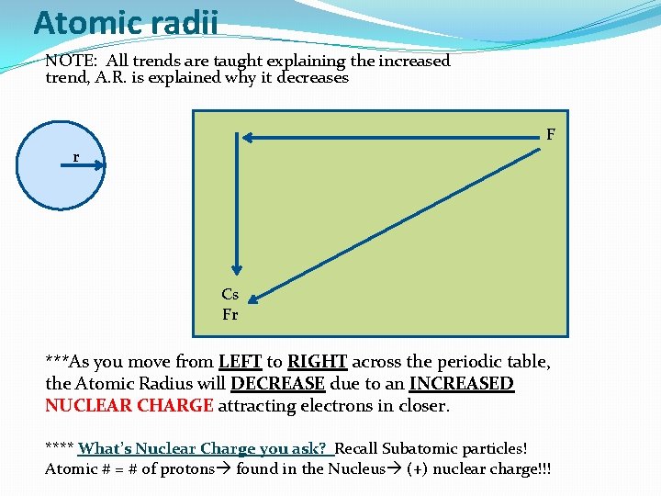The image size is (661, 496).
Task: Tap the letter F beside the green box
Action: (x=551, y=135)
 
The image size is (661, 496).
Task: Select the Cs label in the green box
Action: (x=230, y=295)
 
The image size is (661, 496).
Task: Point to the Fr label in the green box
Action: (x=230, y=315)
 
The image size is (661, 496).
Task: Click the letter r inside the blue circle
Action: (x=76, y=157)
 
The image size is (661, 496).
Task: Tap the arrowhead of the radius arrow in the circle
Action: (x=101, y=166)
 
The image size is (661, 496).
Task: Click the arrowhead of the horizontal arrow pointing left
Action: (x=245, y=138)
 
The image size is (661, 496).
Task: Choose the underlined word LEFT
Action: (x=240, y=362)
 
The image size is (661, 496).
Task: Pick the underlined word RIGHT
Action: (x=317, y=362)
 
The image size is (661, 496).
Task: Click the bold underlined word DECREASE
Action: (x=277, y=384)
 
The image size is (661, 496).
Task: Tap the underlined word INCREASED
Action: (x=461, y=384)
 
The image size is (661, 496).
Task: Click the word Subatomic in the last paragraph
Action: (x=424, y=449)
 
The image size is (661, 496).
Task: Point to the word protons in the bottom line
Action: (x=187, y=469)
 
